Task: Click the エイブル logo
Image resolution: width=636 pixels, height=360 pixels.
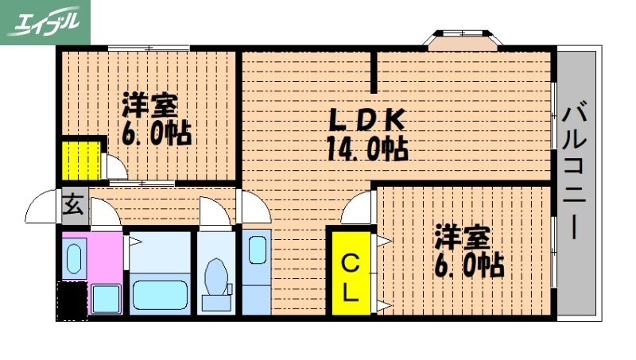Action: click(x=45, y=21)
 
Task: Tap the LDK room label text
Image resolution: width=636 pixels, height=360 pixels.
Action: click(x=367, y=120)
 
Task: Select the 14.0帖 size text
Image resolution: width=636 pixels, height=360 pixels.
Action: click(x=366, y=148)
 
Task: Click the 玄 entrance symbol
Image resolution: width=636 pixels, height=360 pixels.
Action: click(x=73, y=205)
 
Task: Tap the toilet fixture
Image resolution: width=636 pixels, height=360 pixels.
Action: click(x=214, y=278)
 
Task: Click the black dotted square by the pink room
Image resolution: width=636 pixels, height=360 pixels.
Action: click(x=73, y=300)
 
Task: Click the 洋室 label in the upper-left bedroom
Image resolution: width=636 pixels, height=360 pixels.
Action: click(x=149, y=106)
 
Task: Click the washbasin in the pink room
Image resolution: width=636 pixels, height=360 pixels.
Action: click(x=74, y=258)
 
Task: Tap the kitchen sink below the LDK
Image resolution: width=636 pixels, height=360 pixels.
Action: click(x=258, y=250)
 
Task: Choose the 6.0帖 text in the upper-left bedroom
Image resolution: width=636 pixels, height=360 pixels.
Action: click(x=156, y=133)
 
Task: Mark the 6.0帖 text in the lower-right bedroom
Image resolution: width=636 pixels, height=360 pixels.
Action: click(x=468, y=265)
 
